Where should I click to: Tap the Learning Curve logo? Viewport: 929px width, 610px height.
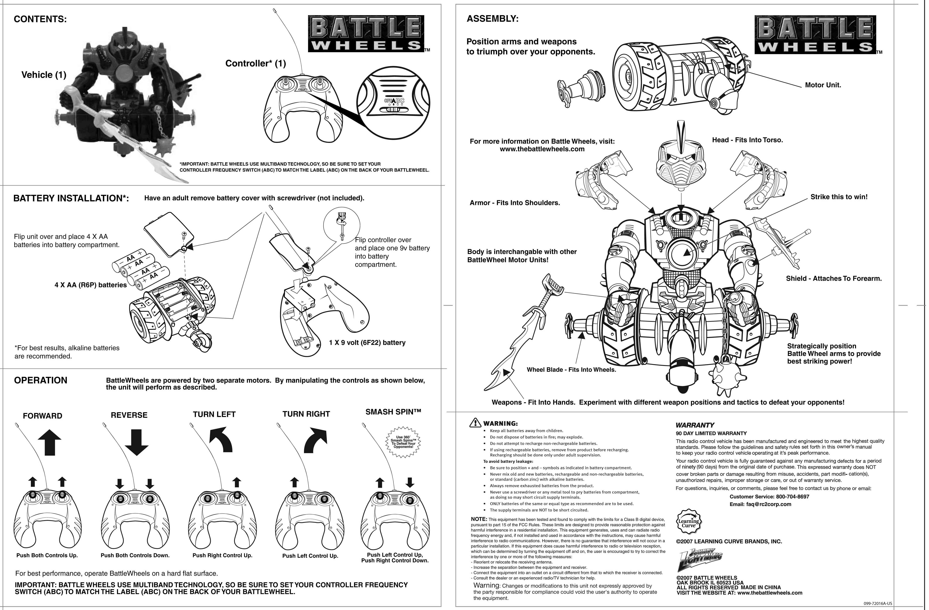(688, 521)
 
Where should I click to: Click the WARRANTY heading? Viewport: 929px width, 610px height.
(695, 425)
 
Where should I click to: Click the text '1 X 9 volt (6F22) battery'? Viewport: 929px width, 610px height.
(367, 343)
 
